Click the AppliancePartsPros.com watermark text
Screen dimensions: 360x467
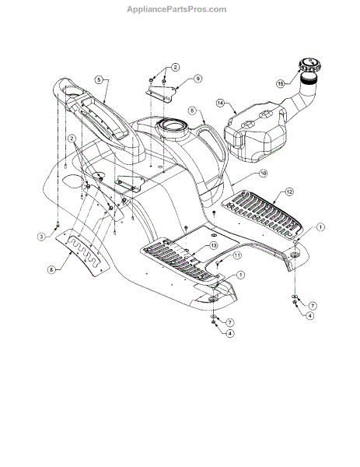(x=177, y=9)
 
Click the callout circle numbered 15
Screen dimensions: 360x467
(x=280, y=84)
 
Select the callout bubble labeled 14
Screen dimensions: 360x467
(x=221, y=103)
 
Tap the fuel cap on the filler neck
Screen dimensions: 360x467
(x=310, y=65)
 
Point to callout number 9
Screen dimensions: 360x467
(x=197, y=79)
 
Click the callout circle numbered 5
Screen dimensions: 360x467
(x=99, y=79)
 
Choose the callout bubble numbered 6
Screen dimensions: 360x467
(x=192, y=111)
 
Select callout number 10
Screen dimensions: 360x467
(x=263, y=173)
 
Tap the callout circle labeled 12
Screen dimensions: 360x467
(x=289, y=191)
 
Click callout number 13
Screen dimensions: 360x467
(x=213, y=245)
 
